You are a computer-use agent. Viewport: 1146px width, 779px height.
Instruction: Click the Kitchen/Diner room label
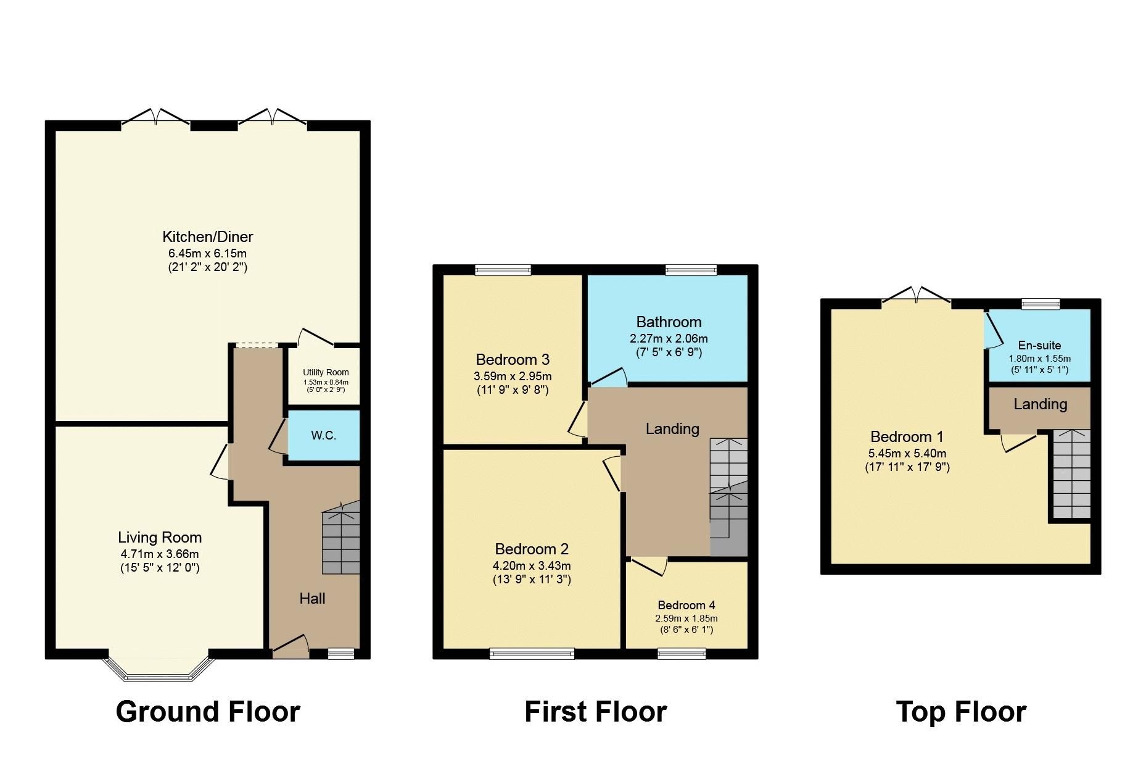click(x=207, y=236)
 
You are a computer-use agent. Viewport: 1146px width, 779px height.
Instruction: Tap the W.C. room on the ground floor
click(x=323, y=435)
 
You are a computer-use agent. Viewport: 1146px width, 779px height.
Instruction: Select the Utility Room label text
click(x=326, y=372)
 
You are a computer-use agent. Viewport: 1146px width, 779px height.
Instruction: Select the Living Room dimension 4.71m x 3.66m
click(x=160, y=554)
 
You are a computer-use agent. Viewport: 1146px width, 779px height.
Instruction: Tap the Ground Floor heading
click(x=208, y=712)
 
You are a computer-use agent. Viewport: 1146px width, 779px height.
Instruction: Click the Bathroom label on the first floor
click(x=669, y=322)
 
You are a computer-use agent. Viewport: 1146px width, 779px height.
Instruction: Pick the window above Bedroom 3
click(x=503, y=270)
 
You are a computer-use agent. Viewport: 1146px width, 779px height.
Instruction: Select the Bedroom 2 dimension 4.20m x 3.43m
click(x=532, y=565)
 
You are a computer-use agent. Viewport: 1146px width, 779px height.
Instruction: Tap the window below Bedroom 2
click(x=532, y=654)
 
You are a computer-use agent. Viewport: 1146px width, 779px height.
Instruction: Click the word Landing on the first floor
click(x=672, y=428)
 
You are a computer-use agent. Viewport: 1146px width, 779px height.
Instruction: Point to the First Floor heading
click(x=595, y=712)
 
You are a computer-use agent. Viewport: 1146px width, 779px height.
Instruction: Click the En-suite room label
click(x=1039, y=346)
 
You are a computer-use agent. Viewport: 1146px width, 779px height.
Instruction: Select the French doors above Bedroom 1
click(x=916, y=297)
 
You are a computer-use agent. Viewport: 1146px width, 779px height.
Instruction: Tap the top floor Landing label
click(x=1040, y=404)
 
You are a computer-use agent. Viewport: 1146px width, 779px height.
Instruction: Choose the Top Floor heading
click(x=960, y=712)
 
